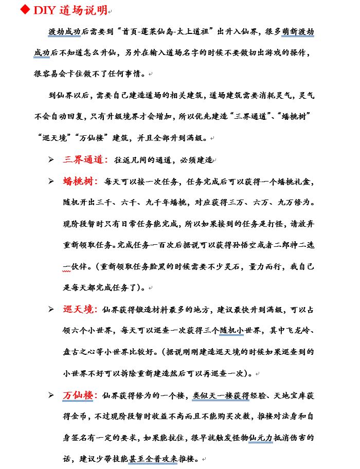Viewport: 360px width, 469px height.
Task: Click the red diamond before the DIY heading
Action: [25, 10]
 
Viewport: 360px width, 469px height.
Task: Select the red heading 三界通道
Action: [85, 159]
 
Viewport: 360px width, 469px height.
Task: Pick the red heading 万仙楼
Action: [80, 395]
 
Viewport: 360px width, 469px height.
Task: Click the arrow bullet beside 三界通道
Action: [51, 160]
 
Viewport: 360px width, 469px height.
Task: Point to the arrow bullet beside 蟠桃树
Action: [51, 182]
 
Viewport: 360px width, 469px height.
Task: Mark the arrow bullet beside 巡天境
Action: [51, 310]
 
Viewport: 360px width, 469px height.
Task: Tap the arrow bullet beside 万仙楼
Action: [51, 395]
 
